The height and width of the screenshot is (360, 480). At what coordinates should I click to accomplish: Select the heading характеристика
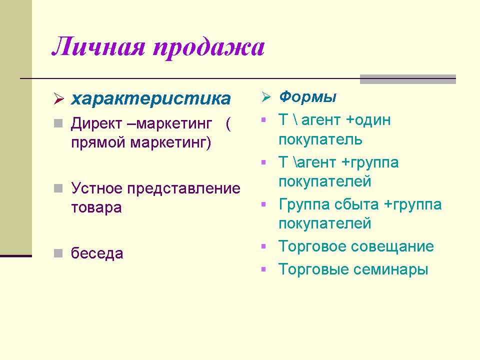pyautogui.click(x=151, y=98)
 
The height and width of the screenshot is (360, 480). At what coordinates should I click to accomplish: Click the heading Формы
pyautogui.click(x=307, y=96)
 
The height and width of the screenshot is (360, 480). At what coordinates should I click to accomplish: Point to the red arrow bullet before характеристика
pyautogui.click(x=58, y=98)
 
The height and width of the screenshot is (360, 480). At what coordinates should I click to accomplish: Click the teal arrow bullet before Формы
pyautogui.click(x=266, y=96)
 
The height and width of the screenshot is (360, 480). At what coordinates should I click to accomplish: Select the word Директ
pyautogui.click(x=96, y=124)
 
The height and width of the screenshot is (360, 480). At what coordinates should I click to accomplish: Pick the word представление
pyautogui.click(x=183, y=189)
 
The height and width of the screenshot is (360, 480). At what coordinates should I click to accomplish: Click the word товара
pyautogui.click(x=96, y=208)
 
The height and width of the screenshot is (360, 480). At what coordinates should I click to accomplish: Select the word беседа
pyautogui.click(x=97, y=253)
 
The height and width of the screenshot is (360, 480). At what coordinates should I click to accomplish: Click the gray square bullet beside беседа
pyautogui.click(x=58, y=253)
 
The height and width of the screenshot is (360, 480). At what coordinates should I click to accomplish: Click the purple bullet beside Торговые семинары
pyautogui.click(x=263, y=269)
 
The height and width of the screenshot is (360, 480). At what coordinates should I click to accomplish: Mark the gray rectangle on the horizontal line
pyautogui.click(x=408, y=79)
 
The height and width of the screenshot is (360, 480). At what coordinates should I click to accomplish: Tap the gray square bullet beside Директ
pyautogui.click(x=58, y=123)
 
